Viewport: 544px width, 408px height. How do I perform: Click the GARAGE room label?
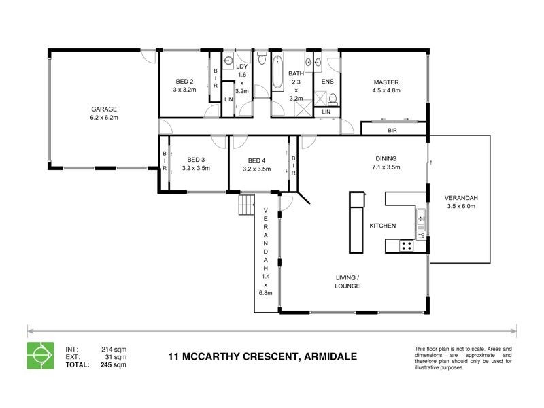pyautogui.click(x=105, y=109)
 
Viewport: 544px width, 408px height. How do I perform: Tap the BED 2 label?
pyautogui.click(x=184, y=81)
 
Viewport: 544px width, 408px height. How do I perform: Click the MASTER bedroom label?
pyautogui.click(x=385, y=81)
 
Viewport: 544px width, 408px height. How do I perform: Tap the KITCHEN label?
pyautogui.click(x=382, y=225)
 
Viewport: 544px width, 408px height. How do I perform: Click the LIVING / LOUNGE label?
pyautogui.click(x=347, y=282)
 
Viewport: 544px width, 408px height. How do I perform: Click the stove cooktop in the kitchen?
pyautogui.click(x=407, y=246)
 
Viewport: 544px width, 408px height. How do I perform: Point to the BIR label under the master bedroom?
pyautogui.click(x=392, y=129)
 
